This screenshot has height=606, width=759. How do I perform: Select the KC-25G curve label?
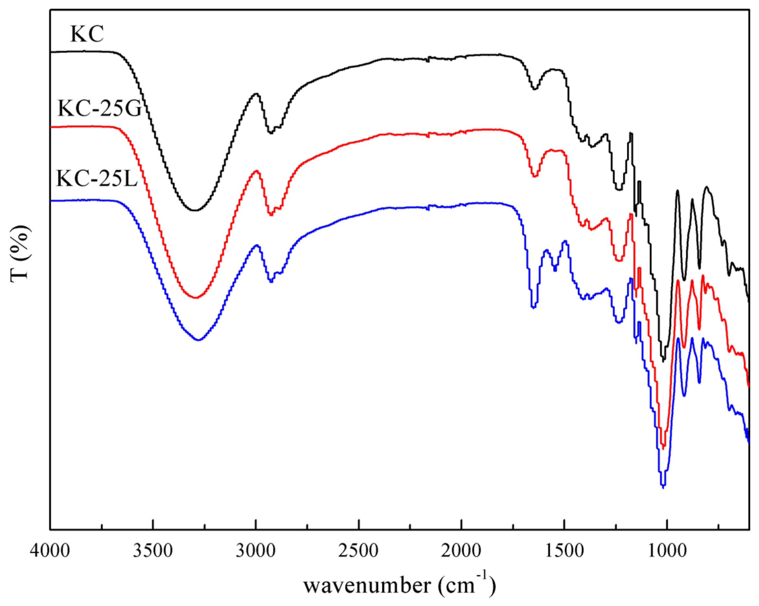(100, 108)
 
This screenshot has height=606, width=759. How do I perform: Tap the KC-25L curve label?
(96, 178)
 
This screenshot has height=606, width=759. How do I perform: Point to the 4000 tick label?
(50, 551)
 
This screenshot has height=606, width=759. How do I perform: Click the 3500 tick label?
(153, 551)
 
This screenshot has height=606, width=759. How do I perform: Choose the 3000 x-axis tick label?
(256, 551)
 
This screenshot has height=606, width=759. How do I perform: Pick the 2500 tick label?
(358, 551)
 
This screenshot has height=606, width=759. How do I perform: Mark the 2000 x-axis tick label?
(461, 551)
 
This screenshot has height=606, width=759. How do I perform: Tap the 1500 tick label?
(564, 551)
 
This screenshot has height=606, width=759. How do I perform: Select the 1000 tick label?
(667, 551)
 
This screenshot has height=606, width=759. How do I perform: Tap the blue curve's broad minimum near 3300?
(199, 340)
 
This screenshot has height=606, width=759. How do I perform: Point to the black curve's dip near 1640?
(534, 89)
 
